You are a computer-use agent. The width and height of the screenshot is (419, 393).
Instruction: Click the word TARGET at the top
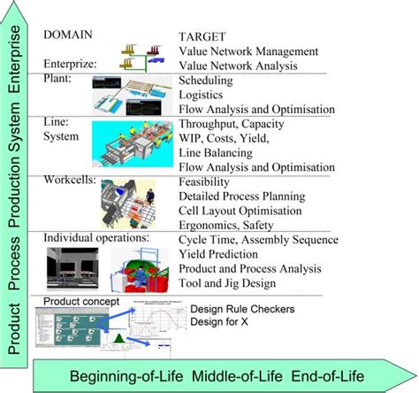(x=204, y=38)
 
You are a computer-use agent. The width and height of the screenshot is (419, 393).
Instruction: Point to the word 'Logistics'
(x=202, y=95)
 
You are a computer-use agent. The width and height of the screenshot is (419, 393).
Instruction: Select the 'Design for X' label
(x=220, y=322)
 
